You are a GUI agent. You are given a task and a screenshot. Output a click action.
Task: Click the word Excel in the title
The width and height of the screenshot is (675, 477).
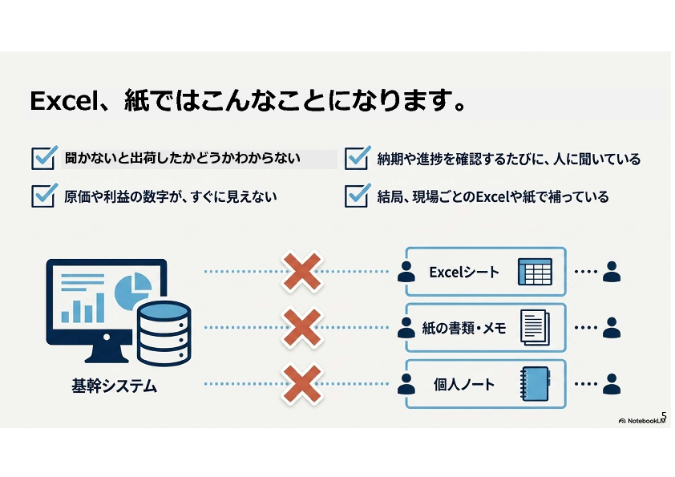[x=67, y=101]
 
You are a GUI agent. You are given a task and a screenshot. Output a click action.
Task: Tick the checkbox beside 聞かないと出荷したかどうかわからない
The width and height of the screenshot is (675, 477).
[x=43, y=158]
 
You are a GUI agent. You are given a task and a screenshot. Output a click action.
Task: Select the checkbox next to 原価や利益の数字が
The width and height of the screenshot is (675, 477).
[x=43, y=196]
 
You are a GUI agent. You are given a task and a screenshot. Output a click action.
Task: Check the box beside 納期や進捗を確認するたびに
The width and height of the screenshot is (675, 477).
[x=357, y=158]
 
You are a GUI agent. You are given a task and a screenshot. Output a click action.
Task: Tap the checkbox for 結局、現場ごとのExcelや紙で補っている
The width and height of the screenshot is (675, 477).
[x=357, y=196]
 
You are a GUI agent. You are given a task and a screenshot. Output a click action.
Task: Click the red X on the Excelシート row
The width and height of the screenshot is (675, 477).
[x=301, y=272]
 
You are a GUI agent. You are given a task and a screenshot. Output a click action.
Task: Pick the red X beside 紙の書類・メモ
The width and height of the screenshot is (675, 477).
[x=301, y=327]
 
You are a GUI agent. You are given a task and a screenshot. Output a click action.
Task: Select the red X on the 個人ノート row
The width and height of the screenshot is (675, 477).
[x=301, y=383]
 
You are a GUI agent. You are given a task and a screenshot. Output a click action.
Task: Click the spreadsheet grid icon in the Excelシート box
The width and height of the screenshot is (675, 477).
[x=535, y=272]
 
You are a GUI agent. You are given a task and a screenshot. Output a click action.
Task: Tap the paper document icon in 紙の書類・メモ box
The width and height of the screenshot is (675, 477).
[x=535, y=328]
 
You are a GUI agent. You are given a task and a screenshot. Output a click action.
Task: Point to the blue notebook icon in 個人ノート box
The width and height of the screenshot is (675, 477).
[x=536, y=383]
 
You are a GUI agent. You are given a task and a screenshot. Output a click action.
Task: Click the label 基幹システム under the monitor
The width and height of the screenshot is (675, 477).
[x=114, y=386]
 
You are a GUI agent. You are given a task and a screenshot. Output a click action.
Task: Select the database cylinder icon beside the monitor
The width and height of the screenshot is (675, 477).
[x=164, y=333]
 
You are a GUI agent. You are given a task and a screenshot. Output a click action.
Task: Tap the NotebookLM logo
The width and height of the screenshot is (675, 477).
[x=642, y=421]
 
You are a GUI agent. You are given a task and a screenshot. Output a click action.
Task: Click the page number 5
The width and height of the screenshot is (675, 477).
[x=664, y=416]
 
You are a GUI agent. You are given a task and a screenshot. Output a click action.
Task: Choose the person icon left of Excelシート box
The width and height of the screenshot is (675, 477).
[x=406, y=272]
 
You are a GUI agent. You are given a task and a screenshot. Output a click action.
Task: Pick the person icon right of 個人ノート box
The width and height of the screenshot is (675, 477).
[x=612, y=383]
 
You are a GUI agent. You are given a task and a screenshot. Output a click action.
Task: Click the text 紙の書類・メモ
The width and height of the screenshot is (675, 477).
[x=463, y=328]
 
